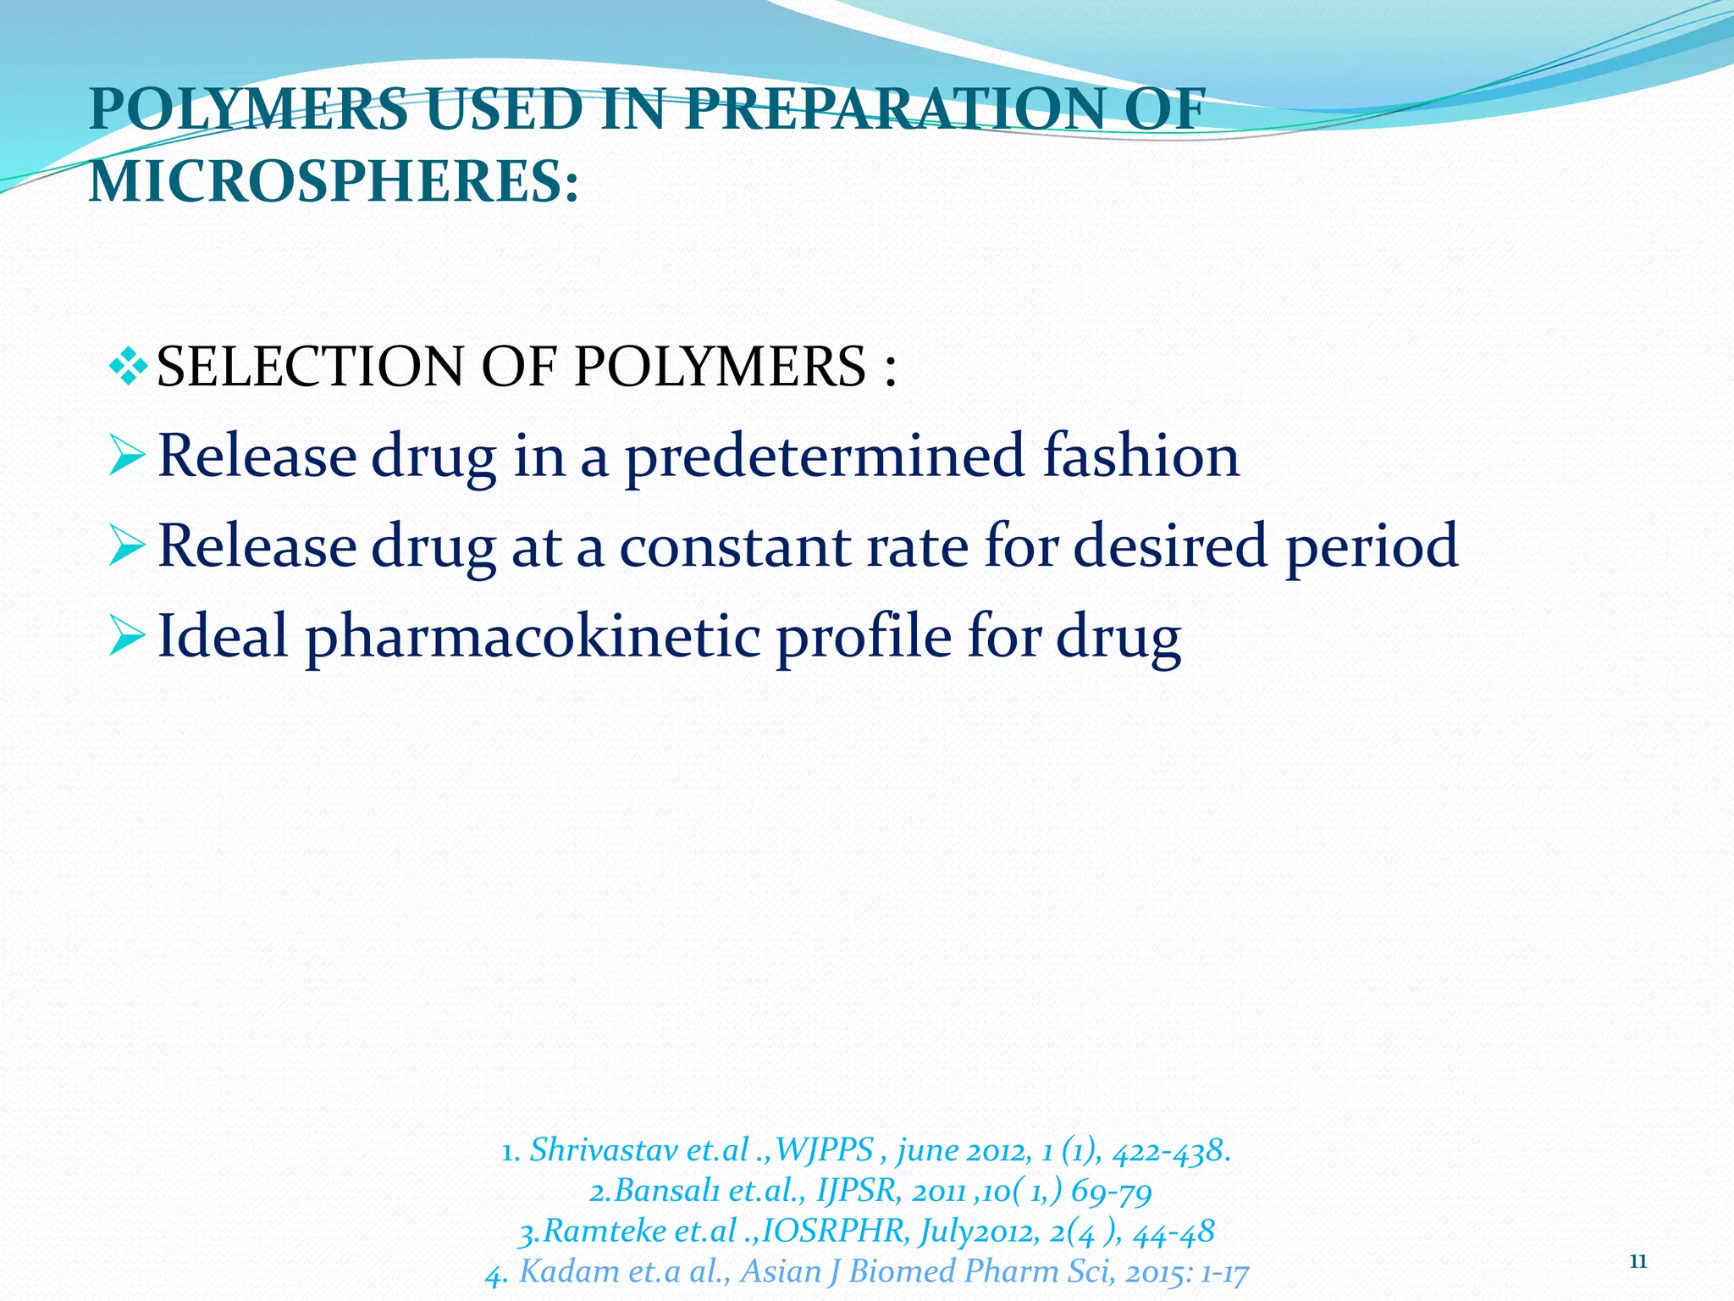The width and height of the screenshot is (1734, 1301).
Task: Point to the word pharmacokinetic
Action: (x=533, y=637)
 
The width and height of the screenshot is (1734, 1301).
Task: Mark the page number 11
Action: (x=1637, y=1262)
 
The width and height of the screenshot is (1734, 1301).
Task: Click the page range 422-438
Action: (x=1171, y=1150)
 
